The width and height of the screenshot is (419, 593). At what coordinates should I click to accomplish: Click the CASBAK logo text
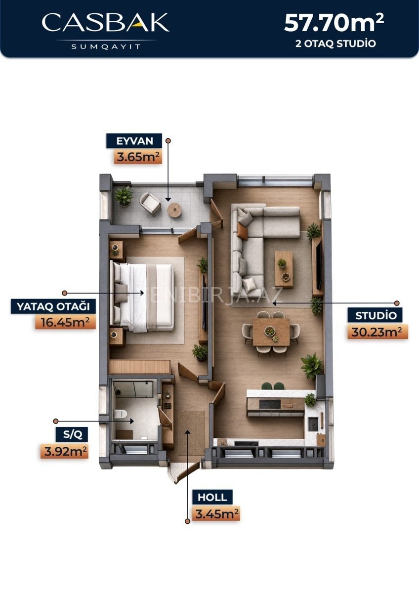(x=105, y=23)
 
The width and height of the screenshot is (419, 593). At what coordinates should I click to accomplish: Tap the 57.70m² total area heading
(x=334, y=23)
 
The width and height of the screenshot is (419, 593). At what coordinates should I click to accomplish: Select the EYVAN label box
(x=134, y=140)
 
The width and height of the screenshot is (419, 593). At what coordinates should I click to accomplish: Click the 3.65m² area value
(x=138, y=157)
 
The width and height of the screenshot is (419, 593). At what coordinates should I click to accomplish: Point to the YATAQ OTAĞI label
(x=53, y=306)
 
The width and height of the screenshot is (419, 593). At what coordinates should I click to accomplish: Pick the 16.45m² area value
(x=65, y=322)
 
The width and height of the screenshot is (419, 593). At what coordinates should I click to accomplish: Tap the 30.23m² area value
(x=377, y=332)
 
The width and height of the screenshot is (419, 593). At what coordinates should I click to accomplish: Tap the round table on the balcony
(x=174, y=210)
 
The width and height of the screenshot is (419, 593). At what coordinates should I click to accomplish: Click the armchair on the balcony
(x=150, y=204)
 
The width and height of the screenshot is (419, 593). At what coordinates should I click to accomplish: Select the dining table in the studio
(x=271, y=332)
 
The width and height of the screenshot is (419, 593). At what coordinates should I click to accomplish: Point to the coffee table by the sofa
(x=284, y=269)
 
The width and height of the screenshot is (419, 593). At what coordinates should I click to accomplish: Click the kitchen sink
(x=314, y=424)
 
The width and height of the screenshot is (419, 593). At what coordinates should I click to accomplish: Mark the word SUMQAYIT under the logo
(x=106, y=47)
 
